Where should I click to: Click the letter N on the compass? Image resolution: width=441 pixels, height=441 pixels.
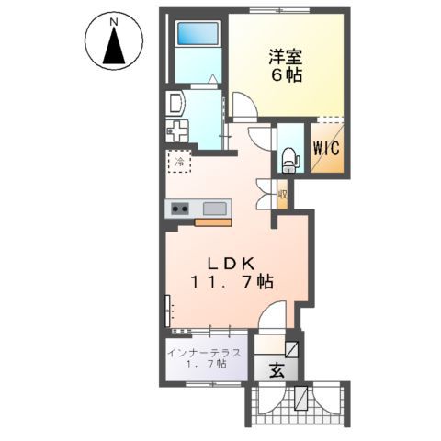point(112,19)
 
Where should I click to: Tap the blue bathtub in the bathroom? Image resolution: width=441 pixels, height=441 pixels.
point(196,36)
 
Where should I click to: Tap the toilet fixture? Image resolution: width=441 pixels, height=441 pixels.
point(289,158)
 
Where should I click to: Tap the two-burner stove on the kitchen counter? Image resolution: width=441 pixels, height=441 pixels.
point(178,209)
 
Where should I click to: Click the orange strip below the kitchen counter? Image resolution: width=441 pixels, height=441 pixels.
point(213,222)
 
